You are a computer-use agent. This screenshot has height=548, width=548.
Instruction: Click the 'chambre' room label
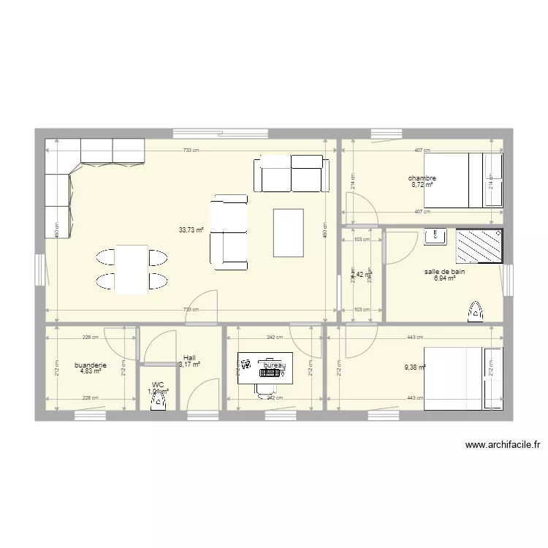pyautogui.click(x=422, y=178)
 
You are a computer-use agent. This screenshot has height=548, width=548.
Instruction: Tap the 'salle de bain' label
pyautogui.click(x=444, y=272)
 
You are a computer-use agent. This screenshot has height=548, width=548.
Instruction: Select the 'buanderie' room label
pyautogui.click(x=91, y=365)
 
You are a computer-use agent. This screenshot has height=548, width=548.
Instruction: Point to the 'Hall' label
pyautogui.click(x=189, y=358)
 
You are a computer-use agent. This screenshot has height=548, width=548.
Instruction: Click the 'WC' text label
pyautogui.click(x=158, y=384)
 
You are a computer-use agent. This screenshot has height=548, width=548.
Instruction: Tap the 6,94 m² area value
pyautogui.click(x=444, y=278)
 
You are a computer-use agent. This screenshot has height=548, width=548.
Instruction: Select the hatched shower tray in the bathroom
pyautogui.click(x=479, y=246)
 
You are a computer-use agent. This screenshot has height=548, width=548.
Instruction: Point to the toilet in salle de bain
pyautogui.click(x=475, y=312)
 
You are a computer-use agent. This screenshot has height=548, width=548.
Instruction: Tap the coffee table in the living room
pyautogui.click(x=289, y=232)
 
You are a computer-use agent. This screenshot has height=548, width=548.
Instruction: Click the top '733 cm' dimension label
pyautogui.click(x=191, y=151)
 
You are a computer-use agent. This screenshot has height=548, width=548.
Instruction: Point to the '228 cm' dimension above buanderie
pyautogui.click(x=91, y=338)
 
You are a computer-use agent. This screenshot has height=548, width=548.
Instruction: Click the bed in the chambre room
pyautogui.click(x=463, y=180)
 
